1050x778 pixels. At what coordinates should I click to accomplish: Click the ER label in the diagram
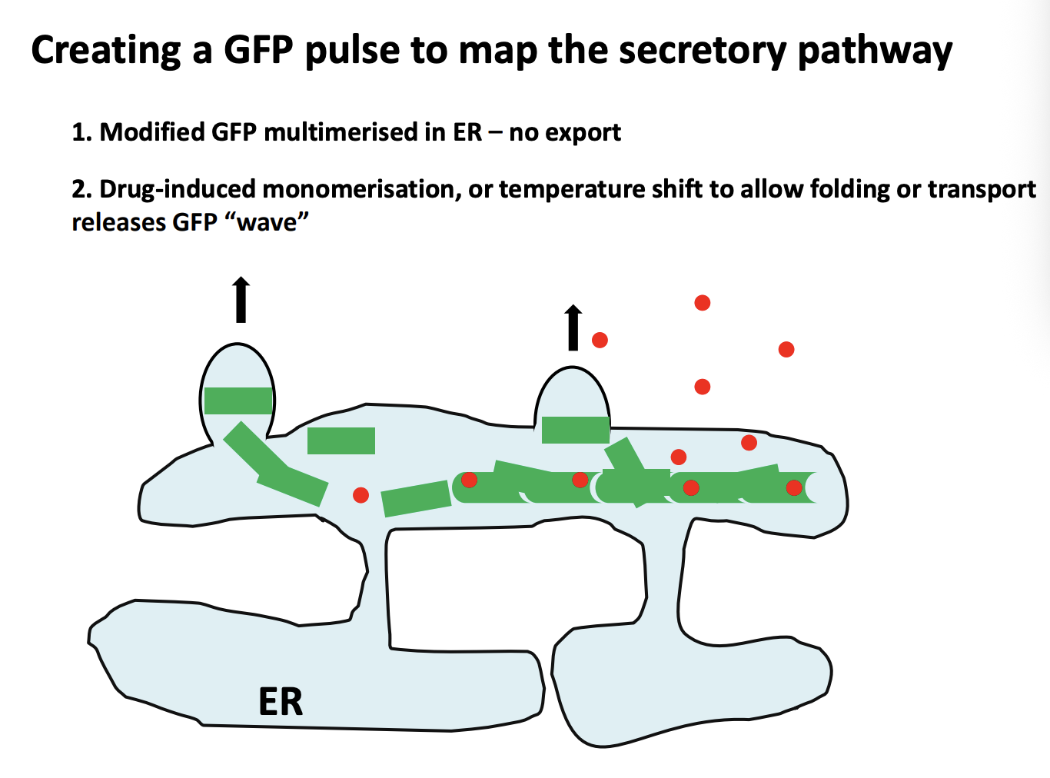pyautogui.click(x=281, y=702)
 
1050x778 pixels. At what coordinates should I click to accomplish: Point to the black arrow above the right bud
pyautogui.click(x=573, y=327)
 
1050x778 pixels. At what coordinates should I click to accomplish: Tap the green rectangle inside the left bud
pyautogui.click(x=238, y=401)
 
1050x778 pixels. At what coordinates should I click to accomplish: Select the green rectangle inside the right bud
pyautogui.click(x=575, y=430)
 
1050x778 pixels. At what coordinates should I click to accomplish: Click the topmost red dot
pyautogui.click(x=702, y=303)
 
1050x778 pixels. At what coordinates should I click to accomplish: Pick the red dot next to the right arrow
pyautogui.click(x=600, y=340)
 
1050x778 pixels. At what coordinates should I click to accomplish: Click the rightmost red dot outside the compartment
pyautogui.click(x=786, y=350)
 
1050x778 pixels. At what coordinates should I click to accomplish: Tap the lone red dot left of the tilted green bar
pyautogui.click(x=361, y=495)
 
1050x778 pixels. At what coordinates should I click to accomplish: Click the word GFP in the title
pyautogui.click(x=259, y=51)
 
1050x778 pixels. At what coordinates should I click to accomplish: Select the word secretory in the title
pyautogui.click(x=703, y=51)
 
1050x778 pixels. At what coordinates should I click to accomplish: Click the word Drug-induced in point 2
pyautogui.click(x=178, y=189)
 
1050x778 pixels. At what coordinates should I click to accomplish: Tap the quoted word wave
pyautogui.click(x=267, y=222)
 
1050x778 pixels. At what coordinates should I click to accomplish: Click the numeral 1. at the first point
pyautogui.click(x=81, y=132)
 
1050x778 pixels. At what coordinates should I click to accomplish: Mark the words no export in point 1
pyautogui.click(x=565, y=132)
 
